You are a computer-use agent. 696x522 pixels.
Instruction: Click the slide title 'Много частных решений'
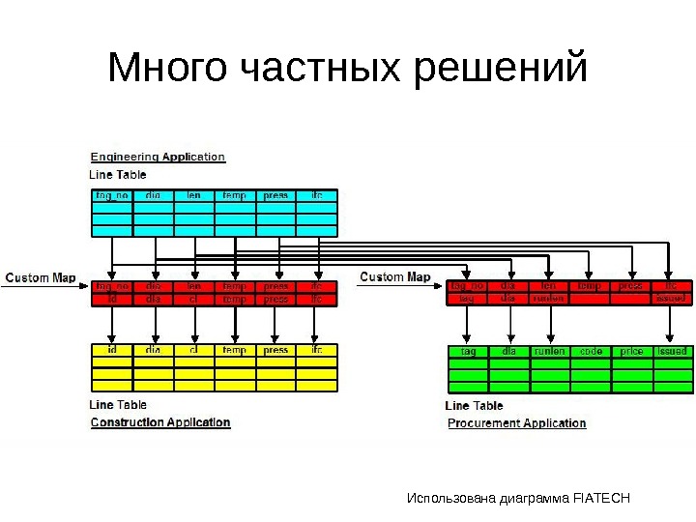[x=348, y=70]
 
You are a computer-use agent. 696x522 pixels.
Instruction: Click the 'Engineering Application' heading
[x=158, y=157]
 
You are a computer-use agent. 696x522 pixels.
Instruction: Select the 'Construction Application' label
[x=160, y=422]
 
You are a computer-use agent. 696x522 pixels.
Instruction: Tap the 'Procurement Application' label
[x=517, y=423]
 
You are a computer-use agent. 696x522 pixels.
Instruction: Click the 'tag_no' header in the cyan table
[x=112, y=195]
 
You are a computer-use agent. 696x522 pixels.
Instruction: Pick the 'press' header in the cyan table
[x=276, y=195]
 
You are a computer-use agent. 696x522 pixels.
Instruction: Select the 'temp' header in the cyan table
[x=235, y=195]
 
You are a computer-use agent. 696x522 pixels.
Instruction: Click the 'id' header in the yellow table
[x=112, y=350]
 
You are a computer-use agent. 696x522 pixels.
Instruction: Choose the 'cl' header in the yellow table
[x=194, y=350]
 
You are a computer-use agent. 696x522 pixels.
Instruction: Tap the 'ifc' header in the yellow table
[x=317, y=350]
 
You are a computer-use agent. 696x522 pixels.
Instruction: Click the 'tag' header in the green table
[x=469, y=352]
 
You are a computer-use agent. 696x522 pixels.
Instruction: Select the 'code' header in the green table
[x=590, y=352]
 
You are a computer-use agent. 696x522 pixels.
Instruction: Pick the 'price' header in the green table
[x=631, y=352]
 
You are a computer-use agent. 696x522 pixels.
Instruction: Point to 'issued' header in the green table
[x=672, y=352]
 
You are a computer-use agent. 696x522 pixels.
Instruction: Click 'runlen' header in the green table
[x=549, y=352]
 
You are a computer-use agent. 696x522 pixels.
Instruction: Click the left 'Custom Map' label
[x=41, y=278]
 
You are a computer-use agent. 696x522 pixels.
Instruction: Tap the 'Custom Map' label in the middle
[x=395, y=277]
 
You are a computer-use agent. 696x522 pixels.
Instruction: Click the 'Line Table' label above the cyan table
[x=118, y=175]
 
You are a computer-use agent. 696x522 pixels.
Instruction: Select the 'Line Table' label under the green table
[x=474, y=406]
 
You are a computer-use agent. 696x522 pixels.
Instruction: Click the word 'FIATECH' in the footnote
[x=601, y=499]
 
